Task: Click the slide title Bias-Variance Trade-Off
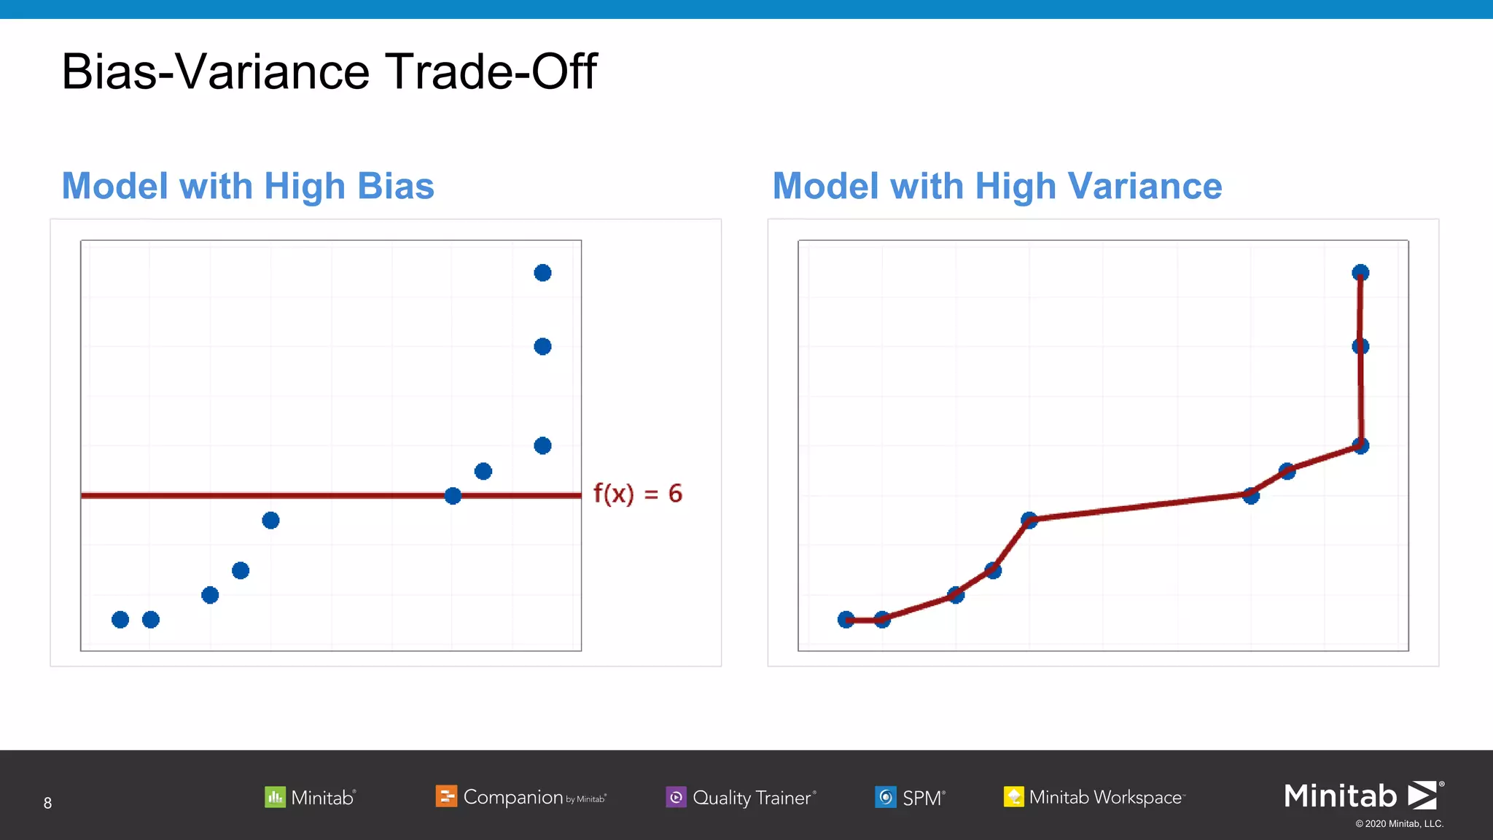point(329,71)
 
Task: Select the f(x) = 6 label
point(638,494)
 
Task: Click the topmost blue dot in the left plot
point(542,273)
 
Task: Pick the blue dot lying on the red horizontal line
point(453,496)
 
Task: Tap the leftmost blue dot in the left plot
point(120,620)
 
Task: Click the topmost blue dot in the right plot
point(1360,273)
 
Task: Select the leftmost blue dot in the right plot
point(846,620)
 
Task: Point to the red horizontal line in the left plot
point(292,495)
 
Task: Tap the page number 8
point(47,803)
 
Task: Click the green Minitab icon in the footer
point(275,796)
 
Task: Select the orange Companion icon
point(446,796)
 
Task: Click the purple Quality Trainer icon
point(676,797)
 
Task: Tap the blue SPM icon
point(885,797)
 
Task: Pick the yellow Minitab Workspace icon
point(1013,796)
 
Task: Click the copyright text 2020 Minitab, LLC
point(1399,824)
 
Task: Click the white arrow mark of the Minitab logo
point(1422,795)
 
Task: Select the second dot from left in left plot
point(151,620)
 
